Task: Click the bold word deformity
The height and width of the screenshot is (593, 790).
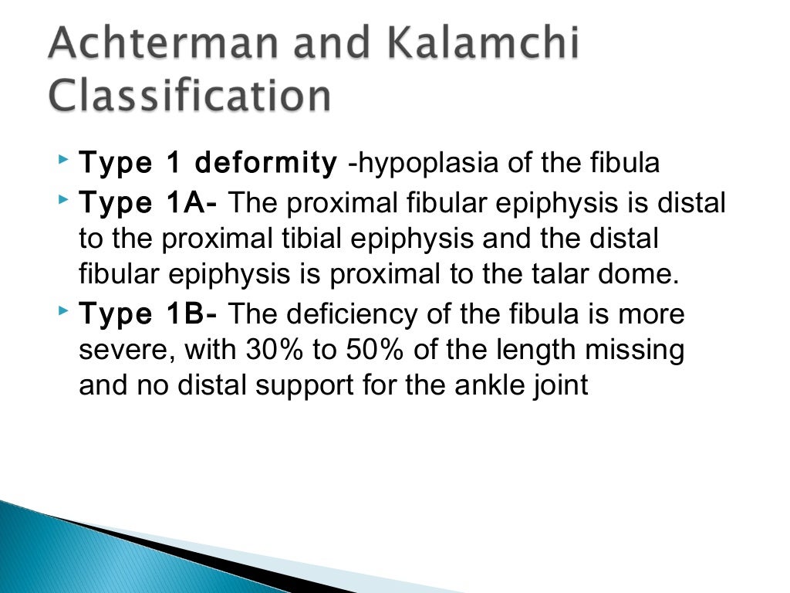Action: (x=265, y=164)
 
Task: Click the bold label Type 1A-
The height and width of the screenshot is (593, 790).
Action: (x=149, y=204)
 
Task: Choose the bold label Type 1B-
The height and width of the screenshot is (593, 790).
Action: (x=149, y=314)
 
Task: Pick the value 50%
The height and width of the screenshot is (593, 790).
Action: (x=370, y=350)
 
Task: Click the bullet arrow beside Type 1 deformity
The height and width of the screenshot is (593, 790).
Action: (x=62, y=161)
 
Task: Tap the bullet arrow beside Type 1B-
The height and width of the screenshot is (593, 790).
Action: (x=62, y=312)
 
